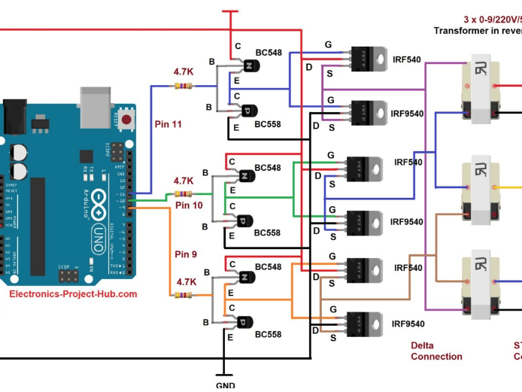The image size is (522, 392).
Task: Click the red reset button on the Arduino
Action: (127, 119)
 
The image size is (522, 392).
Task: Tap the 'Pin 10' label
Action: (189, 205)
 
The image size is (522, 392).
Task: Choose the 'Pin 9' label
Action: (186, 254)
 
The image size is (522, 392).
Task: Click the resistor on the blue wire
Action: (183, 85)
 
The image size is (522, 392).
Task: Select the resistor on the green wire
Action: (183, 194)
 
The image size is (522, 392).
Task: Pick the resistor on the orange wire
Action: (183, 295)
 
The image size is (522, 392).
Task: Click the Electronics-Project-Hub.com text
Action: (73, 294)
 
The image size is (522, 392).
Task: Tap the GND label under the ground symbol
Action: (225, 385)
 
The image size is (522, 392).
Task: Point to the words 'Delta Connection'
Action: (436, 351)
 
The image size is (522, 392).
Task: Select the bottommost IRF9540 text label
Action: (407, 324)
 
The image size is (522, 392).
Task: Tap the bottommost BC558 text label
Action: (268, 333)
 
